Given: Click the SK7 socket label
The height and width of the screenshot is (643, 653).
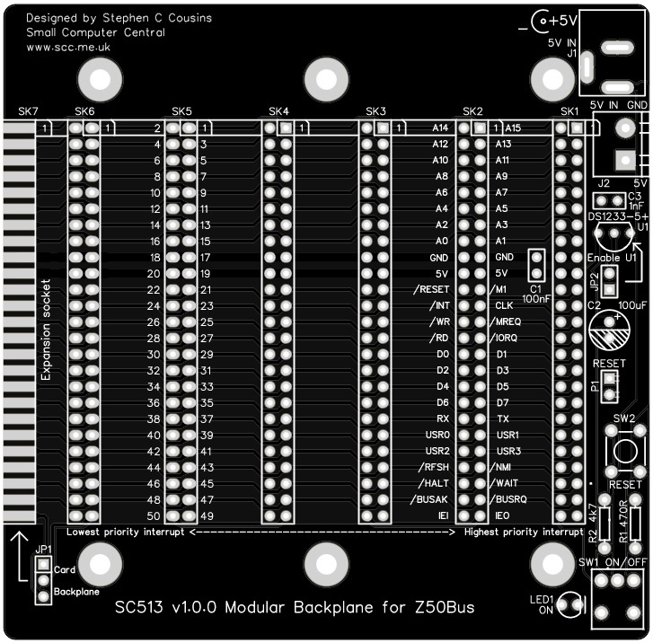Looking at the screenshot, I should (28, 111).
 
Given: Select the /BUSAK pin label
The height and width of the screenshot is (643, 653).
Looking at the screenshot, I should (428, 499).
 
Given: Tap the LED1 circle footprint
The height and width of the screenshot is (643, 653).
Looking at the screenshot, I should (570, 603).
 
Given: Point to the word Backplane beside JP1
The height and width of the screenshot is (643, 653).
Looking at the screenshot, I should (76, 594).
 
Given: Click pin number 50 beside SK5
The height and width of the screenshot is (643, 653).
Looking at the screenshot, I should (153, 516).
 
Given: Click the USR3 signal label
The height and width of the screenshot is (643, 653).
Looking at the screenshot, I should (508, 451).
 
